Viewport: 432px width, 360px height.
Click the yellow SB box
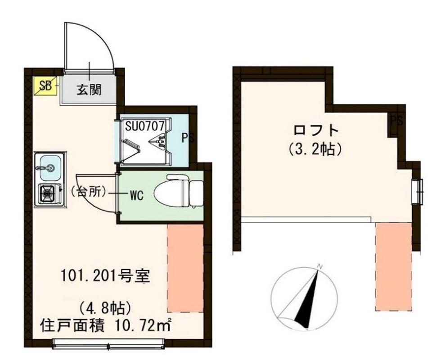(x=45, y=86)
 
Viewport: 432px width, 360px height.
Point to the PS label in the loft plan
(x=396, y=121)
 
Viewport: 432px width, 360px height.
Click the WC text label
(x=136, y=195)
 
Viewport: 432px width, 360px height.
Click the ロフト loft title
(x=315, y=130)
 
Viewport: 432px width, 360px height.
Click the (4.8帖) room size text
(x=105, y=308)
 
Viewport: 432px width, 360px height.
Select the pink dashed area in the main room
(x=185, y=268)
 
